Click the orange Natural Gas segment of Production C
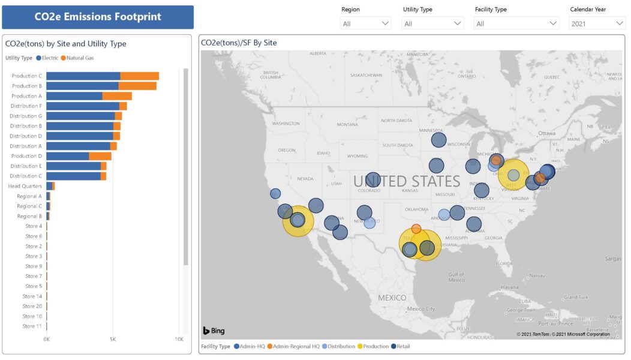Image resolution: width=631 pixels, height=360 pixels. [139, 76]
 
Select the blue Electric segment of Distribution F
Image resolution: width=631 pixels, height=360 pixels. [82, 106]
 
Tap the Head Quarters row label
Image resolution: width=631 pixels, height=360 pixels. [25, 186]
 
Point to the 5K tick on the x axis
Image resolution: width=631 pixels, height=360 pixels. [113, 340]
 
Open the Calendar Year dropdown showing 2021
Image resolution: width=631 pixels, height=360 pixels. [597, 23]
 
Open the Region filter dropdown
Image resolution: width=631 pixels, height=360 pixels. [366, 23]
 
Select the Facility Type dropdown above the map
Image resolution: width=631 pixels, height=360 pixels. [516, 23]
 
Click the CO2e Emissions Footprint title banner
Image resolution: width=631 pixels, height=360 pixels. [98, 17]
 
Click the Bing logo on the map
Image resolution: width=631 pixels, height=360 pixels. [214, 331]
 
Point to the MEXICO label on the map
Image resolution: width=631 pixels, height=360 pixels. [392, 298]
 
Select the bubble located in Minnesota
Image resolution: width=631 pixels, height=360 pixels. [439, 140]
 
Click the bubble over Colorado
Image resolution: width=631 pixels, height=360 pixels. [372, 180]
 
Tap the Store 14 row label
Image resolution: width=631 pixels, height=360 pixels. [33, 296]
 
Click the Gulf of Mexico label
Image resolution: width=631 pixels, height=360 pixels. [456, 277]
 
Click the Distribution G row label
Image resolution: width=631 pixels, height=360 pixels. [26, 116]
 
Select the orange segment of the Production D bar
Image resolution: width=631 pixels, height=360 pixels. [100, 156]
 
